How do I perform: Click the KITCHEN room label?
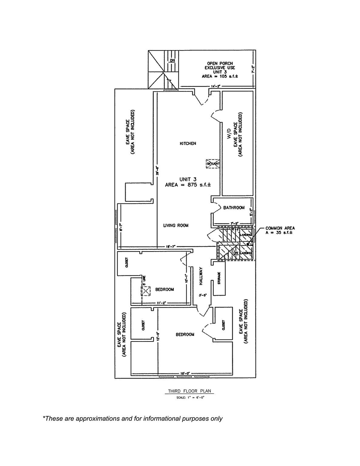tap(188, 144)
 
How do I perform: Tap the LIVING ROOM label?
tap(175, 225)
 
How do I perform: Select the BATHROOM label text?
tap(234, 208)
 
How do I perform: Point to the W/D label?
tap(229, 134)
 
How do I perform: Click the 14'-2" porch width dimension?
tap(216, 86)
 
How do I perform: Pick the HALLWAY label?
tap(201, 276)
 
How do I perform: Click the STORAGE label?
tap(219, 278)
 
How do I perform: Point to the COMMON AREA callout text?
tap(280, 230)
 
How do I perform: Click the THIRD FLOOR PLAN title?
tap(189, 391)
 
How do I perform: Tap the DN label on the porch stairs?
tap(172, 60)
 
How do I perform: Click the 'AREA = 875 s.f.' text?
tap(188, 184)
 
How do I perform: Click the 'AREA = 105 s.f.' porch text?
tap(220, 76)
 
